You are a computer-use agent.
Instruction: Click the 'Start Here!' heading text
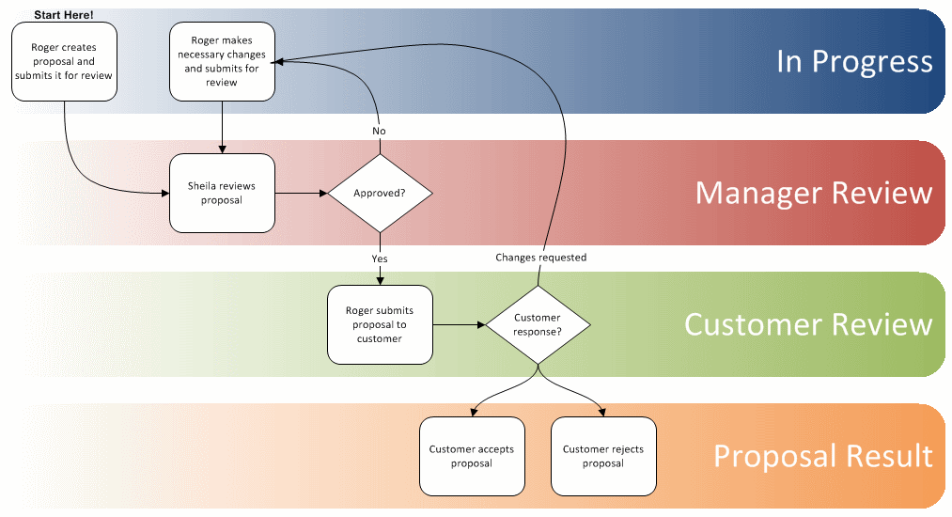64,14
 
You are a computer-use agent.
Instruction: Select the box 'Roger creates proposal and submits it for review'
64,61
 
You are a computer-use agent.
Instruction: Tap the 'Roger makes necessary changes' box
222,61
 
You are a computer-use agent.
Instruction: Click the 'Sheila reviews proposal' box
222,193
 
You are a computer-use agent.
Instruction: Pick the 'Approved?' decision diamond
380,193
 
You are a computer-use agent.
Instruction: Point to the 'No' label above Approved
380,131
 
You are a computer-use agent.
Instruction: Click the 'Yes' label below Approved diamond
380,258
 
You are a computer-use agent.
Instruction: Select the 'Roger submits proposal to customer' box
380,324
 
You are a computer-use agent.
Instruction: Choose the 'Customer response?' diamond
538,324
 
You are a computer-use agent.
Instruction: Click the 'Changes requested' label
540,257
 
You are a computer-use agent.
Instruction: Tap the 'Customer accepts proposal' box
472,456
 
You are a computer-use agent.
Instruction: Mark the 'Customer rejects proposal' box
603,456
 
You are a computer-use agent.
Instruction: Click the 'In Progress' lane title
853,61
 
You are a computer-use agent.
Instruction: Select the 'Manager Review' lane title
813,193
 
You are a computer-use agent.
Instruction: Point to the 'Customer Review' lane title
807,324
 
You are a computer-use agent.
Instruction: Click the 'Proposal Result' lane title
822,456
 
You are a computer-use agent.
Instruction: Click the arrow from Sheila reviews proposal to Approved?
301,193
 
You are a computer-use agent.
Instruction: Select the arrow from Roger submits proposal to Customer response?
459,324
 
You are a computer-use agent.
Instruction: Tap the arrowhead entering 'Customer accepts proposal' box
472,411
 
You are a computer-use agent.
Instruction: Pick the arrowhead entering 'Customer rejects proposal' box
603,411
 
